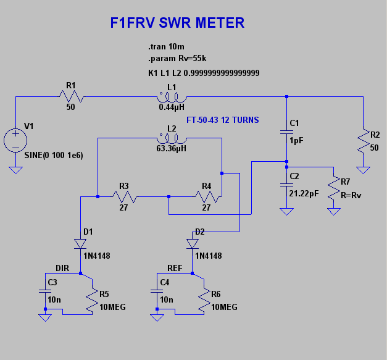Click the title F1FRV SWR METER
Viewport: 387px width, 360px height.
(x=177, y=23)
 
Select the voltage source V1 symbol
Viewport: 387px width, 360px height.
(x=12, y=140)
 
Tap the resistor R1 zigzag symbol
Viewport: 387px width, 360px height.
(x=71, y=96)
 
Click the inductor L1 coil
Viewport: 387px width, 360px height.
(x=171, y=97)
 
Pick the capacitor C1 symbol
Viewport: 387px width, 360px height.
(x=286, y=131)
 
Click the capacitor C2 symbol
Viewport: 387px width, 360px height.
(x=286, y=185)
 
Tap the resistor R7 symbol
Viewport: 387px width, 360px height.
(x=334, y=187)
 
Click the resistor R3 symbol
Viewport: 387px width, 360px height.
(x=125, y=197)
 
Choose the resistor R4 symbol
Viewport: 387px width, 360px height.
(x=207, y=197)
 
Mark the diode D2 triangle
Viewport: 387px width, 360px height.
(x=193, y=243)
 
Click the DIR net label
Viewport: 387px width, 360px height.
(x=62, y=268)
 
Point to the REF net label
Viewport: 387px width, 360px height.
(x=175, y=268)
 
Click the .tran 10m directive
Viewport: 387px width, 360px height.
(x=166, y=48)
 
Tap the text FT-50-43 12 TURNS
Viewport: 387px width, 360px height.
(x=223, y=119)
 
